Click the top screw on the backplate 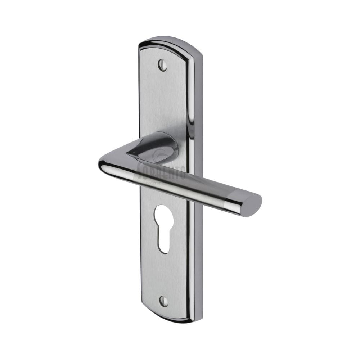pos(163,65)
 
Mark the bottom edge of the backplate pos(169,320)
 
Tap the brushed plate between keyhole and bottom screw pos(164,274)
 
